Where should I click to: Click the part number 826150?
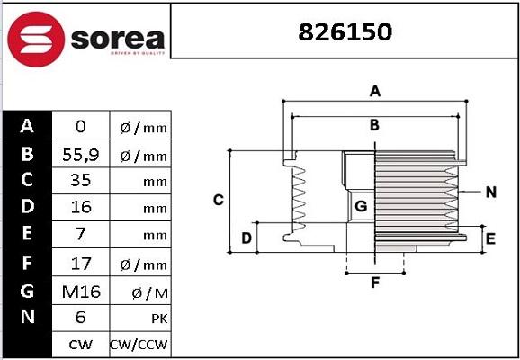pos(345,31)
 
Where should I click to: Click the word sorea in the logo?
pos(114,38)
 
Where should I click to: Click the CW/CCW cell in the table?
pos(139,345)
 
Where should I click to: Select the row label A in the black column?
pos(27,126)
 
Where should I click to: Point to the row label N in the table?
pos(27,317)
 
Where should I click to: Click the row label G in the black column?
pos(27,290)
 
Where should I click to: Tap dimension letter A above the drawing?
pos(376,91)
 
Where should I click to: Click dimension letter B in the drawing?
pos(375,125)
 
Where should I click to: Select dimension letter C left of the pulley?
pos(218,200)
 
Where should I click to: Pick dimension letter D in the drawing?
pos(246,238)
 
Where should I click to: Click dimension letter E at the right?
pos(490,238)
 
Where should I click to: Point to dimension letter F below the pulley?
pos(375,283)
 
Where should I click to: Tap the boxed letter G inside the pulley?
pos(361,206)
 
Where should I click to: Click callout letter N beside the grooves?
pos(490,192)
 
